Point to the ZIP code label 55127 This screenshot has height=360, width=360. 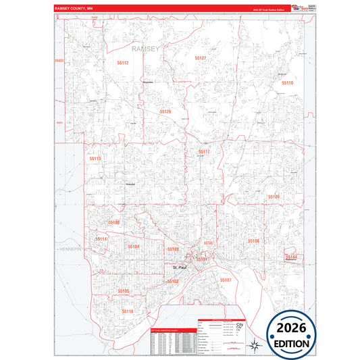[x=200, y=59]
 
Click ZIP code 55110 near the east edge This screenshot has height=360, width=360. [x=287, y=82]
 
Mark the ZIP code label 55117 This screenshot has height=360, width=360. [x=205, y=152]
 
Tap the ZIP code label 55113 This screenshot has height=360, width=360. [x=95, y=159]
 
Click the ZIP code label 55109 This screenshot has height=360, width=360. [x=274, y=197]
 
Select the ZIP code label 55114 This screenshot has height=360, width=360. [x=101, y=239]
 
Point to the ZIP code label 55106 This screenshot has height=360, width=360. [x=253, y=240]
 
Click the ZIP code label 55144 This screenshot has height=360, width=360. [x=291, y=257]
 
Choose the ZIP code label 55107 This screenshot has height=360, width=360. [x=225, y=279]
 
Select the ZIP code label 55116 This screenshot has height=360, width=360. [x=128, y=311]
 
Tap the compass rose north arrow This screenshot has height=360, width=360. [x=253, y=346]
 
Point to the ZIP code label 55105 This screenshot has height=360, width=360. [x=123, y=290]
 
